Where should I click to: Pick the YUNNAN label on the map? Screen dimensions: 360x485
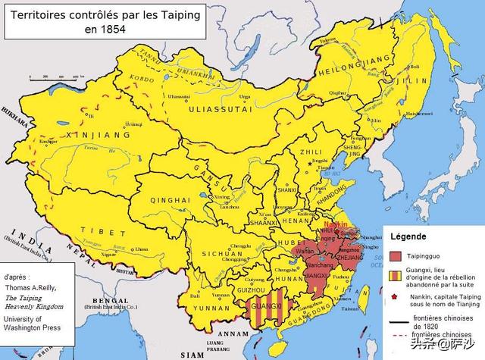pos(206,308)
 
